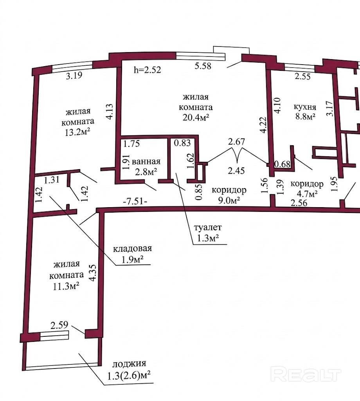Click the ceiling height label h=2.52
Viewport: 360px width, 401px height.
[148, 70]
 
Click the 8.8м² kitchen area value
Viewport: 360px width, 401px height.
[305, 117]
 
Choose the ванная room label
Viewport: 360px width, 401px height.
[146, 161]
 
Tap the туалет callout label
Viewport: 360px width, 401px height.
[208, 228]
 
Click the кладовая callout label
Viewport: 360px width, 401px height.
[132, 249]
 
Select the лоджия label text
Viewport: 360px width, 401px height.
[129, 363]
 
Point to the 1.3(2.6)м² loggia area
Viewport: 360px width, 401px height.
[128, 375]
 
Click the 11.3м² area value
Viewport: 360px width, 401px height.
[66, 286]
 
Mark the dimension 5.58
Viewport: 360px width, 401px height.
[203, 66]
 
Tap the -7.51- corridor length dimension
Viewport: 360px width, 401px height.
[135, 202]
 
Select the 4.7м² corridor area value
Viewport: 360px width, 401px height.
[307, 194]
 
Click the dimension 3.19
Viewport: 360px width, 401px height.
[74, 76]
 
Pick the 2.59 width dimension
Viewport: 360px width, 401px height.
[59, 325]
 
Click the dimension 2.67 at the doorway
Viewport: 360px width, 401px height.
[237, 142]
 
